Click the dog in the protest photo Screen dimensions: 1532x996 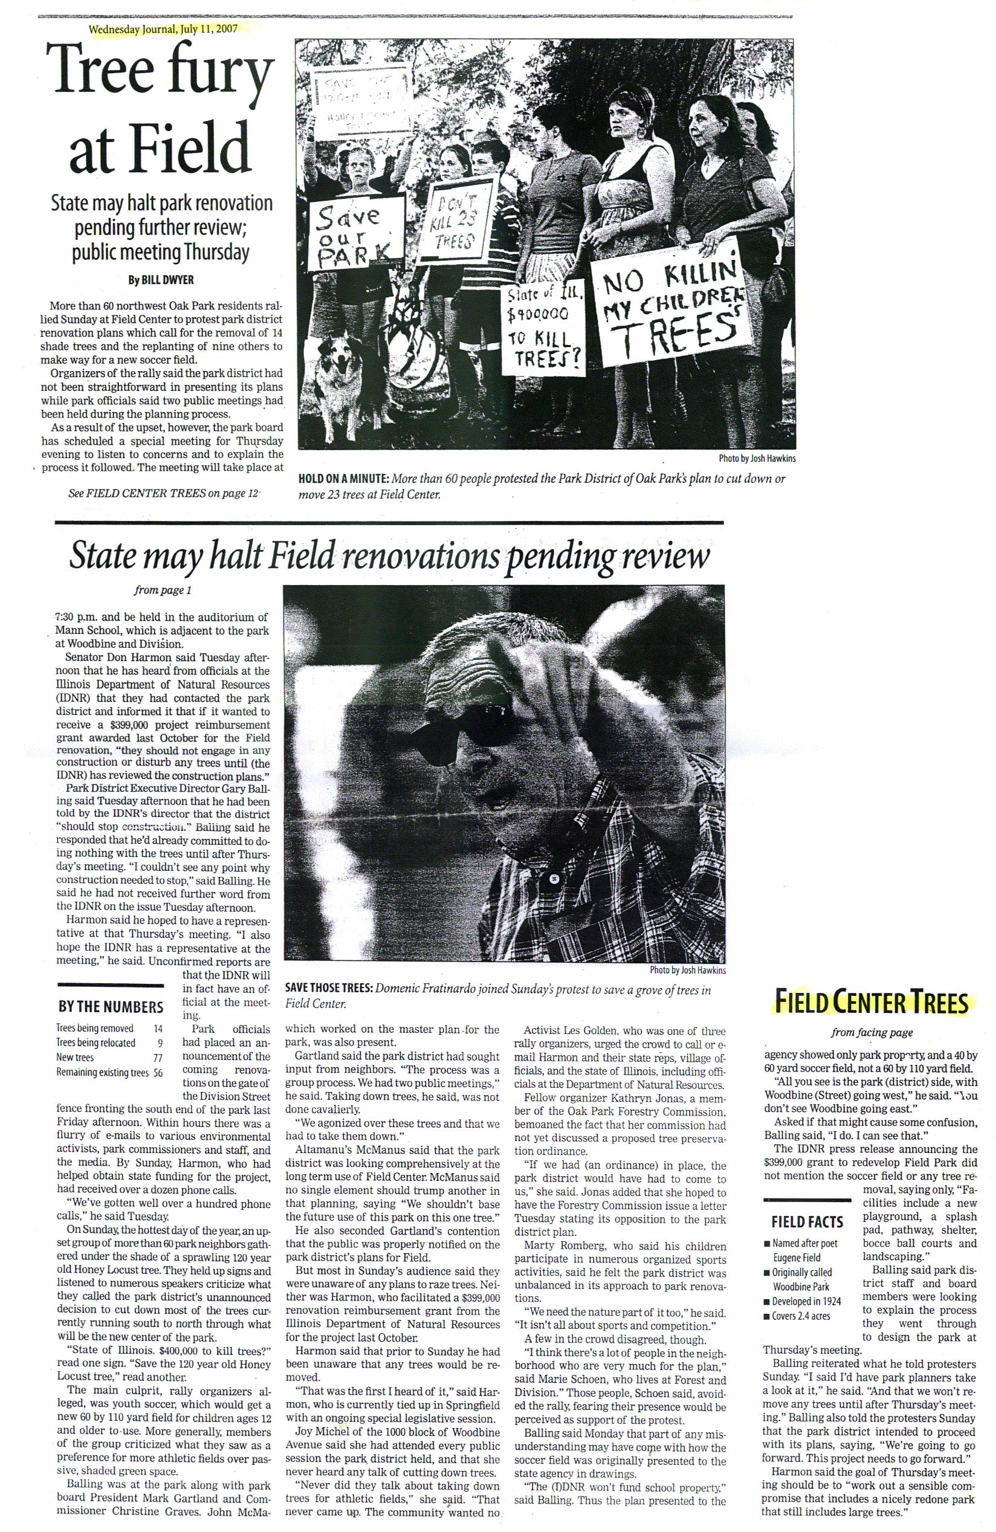coord(341,377)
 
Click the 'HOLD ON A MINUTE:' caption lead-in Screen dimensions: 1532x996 coord(341,480)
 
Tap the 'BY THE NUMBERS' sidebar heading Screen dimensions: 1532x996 coord(110,1006)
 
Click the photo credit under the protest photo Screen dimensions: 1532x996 coord(751,459)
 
